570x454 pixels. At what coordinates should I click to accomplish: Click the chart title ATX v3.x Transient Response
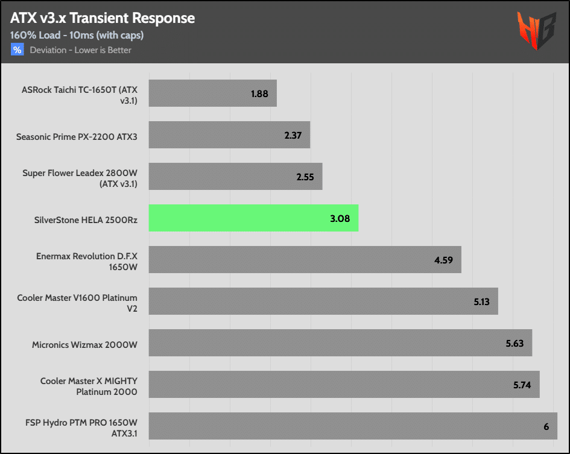click(x=103, y=18)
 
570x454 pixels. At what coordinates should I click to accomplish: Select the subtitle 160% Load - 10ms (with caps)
click(x=77, y=35)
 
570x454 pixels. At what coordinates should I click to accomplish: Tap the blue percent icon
click(x=17, y=50)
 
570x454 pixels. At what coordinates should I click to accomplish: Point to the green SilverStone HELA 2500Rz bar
click(x=253, y=218)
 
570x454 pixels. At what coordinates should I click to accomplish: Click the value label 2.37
click(x=293, y=135)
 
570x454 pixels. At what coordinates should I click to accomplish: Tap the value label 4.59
click(x=445, y=259)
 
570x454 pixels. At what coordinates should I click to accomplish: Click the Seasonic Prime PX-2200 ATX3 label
click(x=77, y=137)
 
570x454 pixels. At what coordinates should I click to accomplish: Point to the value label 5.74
click(x=522, y=384)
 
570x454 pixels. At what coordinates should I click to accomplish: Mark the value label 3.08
click(x=340, y=218)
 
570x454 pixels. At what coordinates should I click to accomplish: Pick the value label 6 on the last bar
click(x=546, y=426)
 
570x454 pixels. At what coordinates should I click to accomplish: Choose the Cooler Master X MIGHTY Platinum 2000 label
click(x=89, y=386)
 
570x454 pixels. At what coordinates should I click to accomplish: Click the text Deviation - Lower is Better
click(x=81, y=50)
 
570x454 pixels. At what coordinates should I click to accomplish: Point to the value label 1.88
click(x=259, y=94)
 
